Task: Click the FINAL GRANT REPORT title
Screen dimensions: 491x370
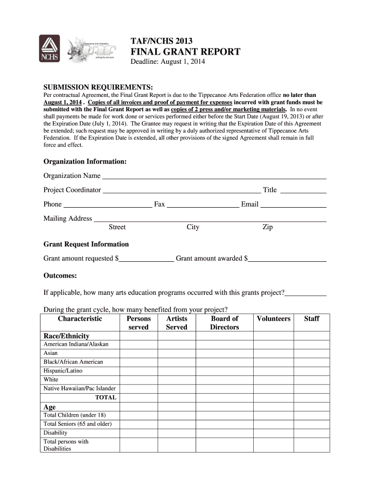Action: (x=185, y=52)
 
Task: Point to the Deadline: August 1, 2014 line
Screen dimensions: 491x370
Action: (x=168, y=62)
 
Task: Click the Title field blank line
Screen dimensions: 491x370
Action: (x=303, y=190)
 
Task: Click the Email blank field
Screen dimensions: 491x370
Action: (x=293, y=205)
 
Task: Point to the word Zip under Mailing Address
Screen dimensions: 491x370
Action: (x=267, y=227)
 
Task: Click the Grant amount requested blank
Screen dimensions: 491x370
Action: (x=146, y=259)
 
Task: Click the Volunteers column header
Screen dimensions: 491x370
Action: (x=273, y=319)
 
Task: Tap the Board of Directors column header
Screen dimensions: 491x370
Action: (x=224, y=323)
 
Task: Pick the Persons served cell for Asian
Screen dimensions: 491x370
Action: (x=138, y=353)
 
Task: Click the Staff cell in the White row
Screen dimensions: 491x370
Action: (x=311, y=380)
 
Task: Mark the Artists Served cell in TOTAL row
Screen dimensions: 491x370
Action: (x=176, y=397)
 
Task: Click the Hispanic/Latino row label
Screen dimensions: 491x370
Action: (x=63, y=371)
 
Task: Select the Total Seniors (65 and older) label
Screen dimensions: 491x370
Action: (x=77, y=424)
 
